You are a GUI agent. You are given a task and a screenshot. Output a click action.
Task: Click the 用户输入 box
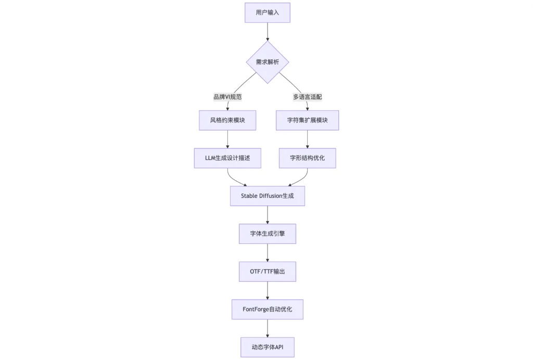point(268,13)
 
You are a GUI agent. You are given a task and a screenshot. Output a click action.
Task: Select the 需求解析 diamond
point(268,62)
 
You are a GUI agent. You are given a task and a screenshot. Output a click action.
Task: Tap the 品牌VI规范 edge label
point(227,97)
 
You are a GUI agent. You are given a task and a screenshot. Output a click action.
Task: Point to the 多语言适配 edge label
point(307,97)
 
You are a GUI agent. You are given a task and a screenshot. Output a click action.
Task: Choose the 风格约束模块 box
point(227,120)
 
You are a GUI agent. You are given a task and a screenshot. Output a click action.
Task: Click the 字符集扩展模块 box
point(307,120)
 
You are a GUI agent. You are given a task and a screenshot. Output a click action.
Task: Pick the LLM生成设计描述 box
point(227,158)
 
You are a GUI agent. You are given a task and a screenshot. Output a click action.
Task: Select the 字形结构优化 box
point(307,158)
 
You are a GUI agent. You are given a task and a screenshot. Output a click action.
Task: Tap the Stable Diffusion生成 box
point(268,196)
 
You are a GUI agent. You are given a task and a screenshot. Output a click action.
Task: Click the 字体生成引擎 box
point(268,234)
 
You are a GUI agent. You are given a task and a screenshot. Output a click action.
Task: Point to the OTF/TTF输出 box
point(268,271)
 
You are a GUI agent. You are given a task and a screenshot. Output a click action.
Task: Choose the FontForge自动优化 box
point(268,309)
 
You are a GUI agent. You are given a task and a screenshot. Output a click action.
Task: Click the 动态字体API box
point(268,347)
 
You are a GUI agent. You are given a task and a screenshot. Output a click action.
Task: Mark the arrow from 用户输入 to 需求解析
point(268,32)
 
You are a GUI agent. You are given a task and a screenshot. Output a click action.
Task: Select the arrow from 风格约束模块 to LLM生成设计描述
point(227,139)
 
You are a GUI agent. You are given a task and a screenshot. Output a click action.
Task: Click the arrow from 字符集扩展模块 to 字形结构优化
point(307,139)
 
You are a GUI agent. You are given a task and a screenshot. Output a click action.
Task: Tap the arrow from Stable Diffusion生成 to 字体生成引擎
point(268,215)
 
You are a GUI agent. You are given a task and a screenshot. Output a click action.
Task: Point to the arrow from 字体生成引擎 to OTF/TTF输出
point(268,253)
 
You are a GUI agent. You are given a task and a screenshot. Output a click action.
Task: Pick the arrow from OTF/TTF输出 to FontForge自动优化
point(268,291)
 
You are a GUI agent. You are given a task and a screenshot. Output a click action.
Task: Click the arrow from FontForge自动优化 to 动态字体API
point(268,328)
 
